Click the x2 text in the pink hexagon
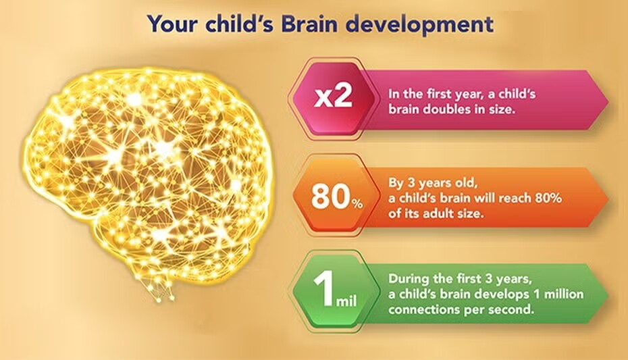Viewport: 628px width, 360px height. [334, 97]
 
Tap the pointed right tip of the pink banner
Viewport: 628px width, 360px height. [606, 100]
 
